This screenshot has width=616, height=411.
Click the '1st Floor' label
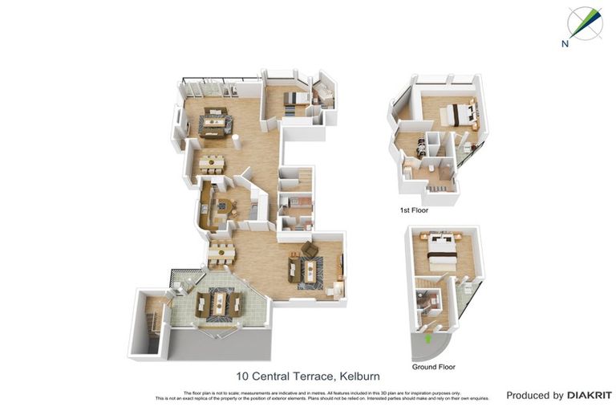pos(414,210)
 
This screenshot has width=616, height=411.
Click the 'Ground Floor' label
pos(434,367)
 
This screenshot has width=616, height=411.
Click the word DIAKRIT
pos(590,395)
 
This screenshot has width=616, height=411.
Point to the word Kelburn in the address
pos(359,376)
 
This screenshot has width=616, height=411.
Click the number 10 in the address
pos(242,376)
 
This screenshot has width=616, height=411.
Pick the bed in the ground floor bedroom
pos(442,250)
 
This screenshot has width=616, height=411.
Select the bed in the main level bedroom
pos(294,98)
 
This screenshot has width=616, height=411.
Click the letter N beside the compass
pos(565,45)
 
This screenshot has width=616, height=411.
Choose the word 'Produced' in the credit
pos(529,395)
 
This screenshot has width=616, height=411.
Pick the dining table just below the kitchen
pos(221,253)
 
